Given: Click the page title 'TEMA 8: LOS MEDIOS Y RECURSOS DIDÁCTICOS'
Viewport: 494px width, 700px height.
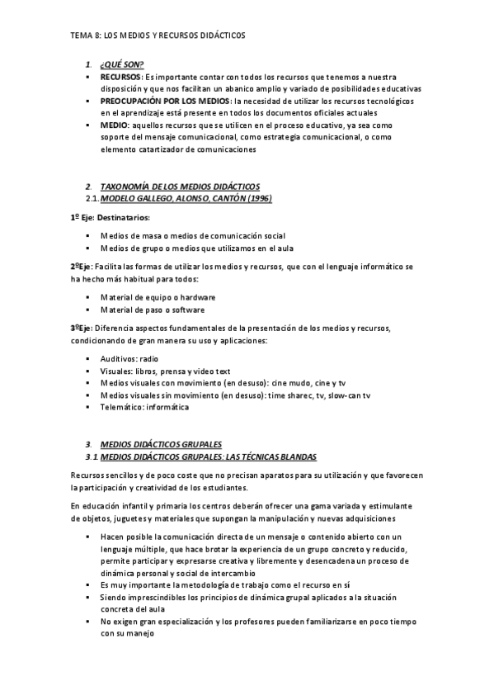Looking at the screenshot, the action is pyautogui.click(x=157, y=36).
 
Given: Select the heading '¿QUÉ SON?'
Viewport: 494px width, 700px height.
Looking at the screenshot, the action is pyautogui.click(x=121, y=64).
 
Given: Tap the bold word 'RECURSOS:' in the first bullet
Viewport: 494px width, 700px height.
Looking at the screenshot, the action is pyautogui.click(x=120, y=76).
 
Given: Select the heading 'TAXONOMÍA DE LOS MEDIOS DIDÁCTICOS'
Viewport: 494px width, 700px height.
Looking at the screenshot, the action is pyautogui.click(x=179, y=187).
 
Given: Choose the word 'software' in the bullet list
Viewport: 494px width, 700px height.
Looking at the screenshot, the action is pyautogui.click(x=187, y=310).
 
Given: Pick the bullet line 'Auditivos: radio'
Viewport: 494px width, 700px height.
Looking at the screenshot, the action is pyautogui.click(x=129, y=359).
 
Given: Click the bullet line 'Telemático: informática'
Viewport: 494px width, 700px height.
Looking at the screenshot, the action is pyautogui.click(x=144, y=407).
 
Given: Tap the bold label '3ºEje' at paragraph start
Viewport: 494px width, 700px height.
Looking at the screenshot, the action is pyautogui.click(x=80, y=329).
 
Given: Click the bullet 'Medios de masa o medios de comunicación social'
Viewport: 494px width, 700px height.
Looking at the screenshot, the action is pyautogui.click(x=193, y=236).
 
